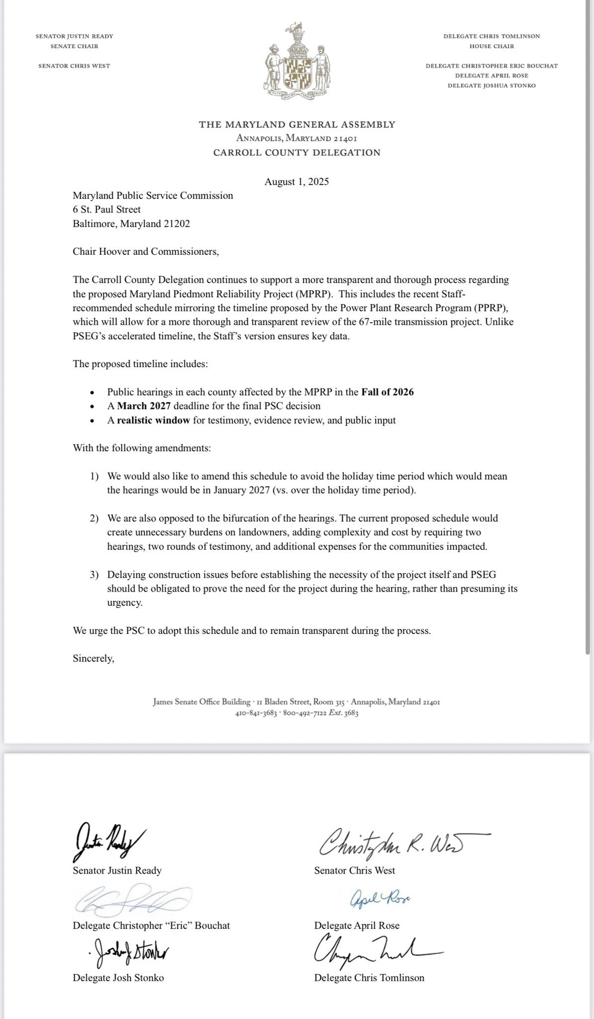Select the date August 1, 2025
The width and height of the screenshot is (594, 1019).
[x=297, y=182]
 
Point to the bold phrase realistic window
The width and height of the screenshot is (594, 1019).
[x=153, y=420]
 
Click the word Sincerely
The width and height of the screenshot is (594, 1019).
[x=94, y=659]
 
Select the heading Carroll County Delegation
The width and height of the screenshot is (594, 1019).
[x=297, y=153]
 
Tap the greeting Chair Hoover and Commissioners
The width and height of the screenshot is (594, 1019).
[x=146, y=251]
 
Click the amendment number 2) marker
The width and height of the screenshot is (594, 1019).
[x=95, y=518]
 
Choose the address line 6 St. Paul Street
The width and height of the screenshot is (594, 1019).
[x=106, y=209]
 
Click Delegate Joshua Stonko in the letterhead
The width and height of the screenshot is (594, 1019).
[x=492, y=86]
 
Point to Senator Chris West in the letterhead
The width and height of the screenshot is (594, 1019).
[x=74, y=66]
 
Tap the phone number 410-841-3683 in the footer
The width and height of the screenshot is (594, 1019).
[x=256, y=713]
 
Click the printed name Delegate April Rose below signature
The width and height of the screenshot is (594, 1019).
[x=357, y=925]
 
